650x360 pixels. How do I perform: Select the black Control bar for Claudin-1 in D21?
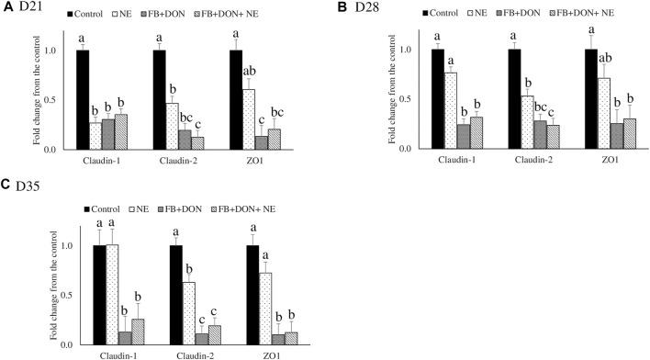point(83,99)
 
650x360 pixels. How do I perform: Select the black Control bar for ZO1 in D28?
point(590,98)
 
